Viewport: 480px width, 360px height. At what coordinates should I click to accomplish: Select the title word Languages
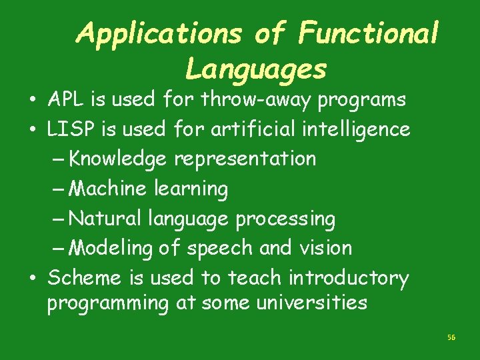pos(256,69)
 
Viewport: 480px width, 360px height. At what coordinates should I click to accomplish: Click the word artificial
pos(243,129)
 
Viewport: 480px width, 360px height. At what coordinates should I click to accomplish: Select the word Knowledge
pos(119,159)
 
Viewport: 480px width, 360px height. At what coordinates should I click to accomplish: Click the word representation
pos(245,159)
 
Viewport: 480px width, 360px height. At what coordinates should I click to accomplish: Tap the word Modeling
pos(111,248)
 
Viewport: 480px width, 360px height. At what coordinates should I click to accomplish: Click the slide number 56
pos(451,338)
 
